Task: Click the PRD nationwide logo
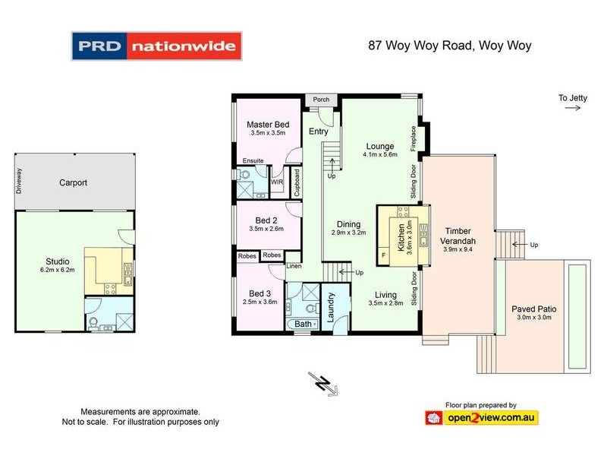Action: pyautogui.click(x=156, y=46)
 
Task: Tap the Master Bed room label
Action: pyautogui.click(x=268, y=125)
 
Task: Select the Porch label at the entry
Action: pyautogui.click(x=321, y=100)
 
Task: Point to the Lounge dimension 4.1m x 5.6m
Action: pyautogui.click(x=380, y=154)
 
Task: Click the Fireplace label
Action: pyautogui.click(x=414, y=138)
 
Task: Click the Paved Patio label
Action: pyautogui.click(x=533, y=309)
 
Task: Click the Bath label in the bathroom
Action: pyautogui.click(x=303, y=325)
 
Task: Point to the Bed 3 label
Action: pyautogui.click(x=259, y=293)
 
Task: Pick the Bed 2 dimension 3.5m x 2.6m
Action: pyautogui.click(x=266, y=228)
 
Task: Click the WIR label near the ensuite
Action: pyautogui.click(x=277, y=182)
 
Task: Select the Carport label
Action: pyautogui.click(x=74, y=182)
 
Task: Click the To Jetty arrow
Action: pyautogui.click(x=572, y=109)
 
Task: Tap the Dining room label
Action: pyautogui.click(x=348, y=224)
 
